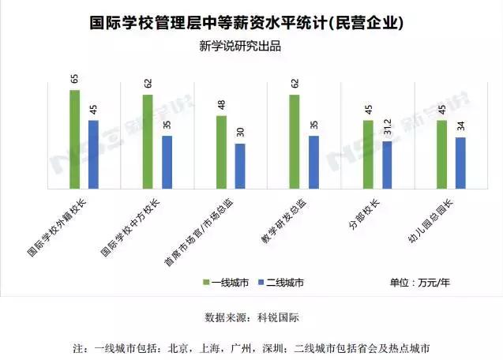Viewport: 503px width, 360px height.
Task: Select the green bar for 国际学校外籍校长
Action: tap(74, 139)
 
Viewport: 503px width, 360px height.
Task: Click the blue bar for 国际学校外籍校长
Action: tap(93, 154)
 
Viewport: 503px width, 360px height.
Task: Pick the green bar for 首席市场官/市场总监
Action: tap(221, 152)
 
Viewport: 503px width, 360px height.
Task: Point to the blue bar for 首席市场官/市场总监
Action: tap(240, 166)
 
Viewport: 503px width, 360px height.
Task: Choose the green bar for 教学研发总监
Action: tap(295, 141)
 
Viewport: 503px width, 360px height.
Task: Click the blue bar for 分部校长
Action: tap(387, 165)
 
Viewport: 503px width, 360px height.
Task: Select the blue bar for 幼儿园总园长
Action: tap(460, 163)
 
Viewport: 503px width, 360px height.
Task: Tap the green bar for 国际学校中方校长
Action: tap(148, 141)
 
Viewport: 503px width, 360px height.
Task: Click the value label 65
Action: tap(74, 79)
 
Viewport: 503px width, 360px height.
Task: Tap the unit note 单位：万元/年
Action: tap(420, 282)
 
